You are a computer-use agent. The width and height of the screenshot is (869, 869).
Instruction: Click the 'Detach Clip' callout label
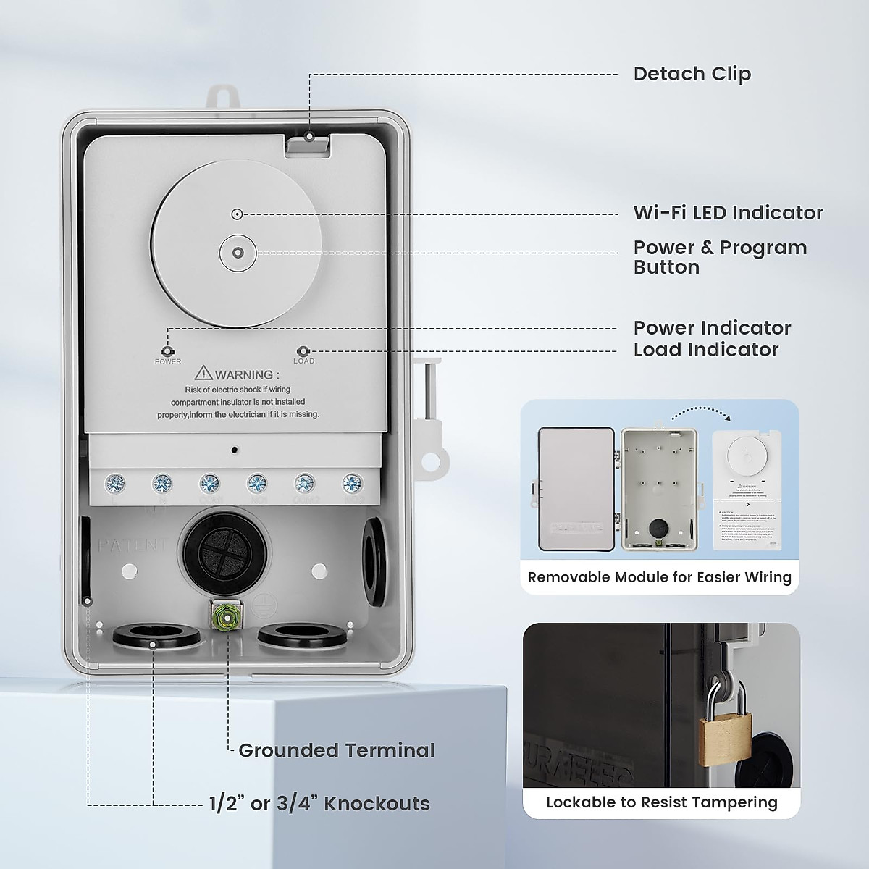(x=692, y=74)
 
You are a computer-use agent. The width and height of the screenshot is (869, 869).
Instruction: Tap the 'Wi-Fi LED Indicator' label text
(x=728, y=213)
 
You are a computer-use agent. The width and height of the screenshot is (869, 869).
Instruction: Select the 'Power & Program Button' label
(x=719, y=257)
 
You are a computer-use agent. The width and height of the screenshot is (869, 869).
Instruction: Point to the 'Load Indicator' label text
(x=705, y=350)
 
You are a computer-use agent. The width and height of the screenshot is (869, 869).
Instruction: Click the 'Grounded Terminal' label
(x=336, y=750)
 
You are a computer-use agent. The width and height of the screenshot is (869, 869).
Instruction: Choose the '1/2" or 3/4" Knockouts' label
(x=319, y=803)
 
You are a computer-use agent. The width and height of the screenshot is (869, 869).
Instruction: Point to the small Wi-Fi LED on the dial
(x=236, y=214)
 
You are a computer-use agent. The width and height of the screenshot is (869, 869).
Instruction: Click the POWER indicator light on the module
(x=168, y=351)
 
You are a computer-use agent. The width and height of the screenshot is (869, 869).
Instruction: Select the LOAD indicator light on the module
(x=303, y=351)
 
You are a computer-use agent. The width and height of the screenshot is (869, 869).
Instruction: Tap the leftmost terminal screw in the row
(x=114, y=482)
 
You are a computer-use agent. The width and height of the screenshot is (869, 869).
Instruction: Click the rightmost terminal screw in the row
(x=352, y=482)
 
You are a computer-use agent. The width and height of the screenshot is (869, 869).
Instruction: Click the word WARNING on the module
(x=243, y=374)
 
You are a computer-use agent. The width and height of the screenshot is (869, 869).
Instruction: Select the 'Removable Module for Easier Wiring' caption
(x=659, y=577)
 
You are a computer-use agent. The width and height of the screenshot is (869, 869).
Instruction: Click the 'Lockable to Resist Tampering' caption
(x=661, y=802)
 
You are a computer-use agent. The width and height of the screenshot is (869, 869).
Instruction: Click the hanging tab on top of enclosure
(x=223, y=98)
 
